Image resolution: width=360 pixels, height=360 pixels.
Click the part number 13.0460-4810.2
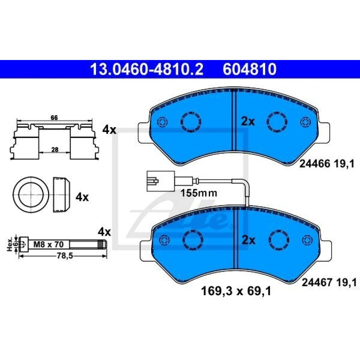[146, 69]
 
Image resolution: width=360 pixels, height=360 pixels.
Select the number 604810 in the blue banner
[250, 69]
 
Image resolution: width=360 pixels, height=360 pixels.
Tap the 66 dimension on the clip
[54, 118]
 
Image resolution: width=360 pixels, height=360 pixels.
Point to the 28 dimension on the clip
[55, 150]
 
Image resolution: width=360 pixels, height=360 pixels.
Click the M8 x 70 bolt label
[48, 244]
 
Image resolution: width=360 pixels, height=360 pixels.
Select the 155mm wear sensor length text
[198, 193]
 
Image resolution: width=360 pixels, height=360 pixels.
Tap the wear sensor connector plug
[160, 181]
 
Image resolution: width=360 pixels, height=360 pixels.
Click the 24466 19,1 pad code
[327, 164]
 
